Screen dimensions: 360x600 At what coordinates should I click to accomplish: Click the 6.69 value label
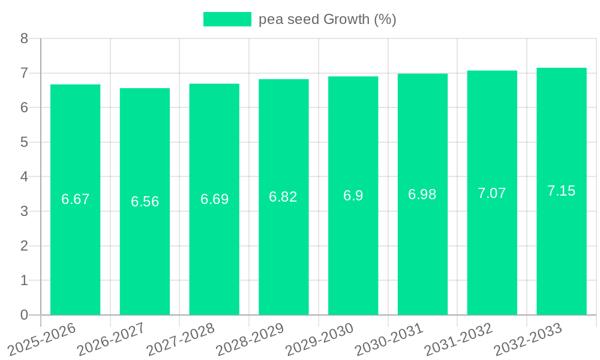(214, 199)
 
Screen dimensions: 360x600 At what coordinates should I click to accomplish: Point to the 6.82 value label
(283, 197)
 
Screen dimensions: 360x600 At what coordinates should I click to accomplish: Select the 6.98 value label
(422, 194)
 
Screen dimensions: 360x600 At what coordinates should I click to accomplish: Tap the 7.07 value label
(492, 193)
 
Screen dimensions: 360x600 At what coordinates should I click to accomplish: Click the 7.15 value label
(561, 191)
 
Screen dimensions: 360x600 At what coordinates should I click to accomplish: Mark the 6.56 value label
(145, 202)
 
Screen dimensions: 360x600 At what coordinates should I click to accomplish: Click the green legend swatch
(227, 19)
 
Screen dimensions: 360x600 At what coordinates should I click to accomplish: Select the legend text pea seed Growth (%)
(328, 19)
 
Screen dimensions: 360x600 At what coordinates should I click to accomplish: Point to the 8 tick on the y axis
(24, 38)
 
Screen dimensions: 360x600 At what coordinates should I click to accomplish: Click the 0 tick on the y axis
(24, 315)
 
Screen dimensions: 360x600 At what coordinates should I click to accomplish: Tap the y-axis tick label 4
(24, 177)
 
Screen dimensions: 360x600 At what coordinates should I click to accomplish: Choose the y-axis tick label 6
(24, 108)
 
